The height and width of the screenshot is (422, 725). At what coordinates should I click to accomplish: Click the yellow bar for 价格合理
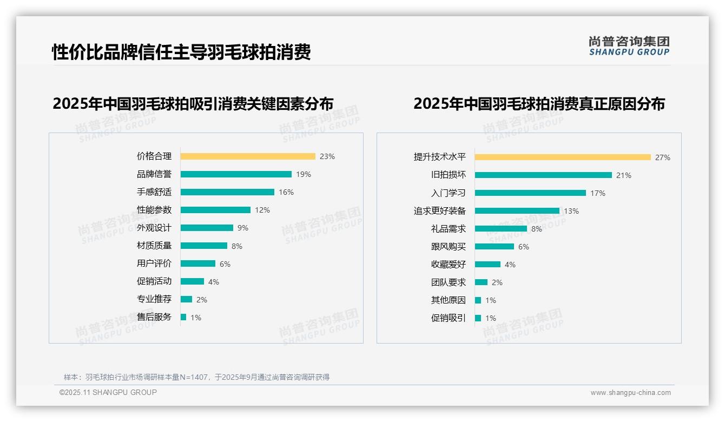point(247,156)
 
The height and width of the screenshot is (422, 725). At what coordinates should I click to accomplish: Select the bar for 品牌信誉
point(236,174)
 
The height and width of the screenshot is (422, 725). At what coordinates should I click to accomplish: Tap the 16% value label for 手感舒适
point(286,192)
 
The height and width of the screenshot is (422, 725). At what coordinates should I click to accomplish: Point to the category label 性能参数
point(154,210)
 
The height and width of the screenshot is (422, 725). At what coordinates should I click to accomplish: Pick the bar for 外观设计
point(207,228)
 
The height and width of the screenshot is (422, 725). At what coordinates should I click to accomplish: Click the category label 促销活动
point(154,281)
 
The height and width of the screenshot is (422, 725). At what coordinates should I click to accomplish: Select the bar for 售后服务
point(183,317)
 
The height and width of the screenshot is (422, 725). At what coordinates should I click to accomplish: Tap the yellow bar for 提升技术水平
point(563,157)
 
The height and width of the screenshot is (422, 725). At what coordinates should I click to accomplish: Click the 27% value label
point(663,157)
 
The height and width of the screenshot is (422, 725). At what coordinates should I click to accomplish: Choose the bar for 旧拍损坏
point(543,175)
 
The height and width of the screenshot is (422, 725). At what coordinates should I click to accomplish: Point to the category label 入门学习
point(449,193)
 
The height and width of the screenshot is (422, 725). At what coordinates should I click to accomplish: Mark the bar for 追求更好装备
point(517,211)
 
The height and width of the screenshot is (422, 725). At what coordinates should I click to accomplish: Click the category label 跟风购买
point(449,247)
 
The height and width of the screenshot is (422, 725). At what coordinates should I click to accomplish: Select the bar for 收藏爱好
point(487,265)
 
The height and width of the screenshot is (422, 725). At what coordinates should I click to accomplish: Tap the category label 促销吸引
point(449,318)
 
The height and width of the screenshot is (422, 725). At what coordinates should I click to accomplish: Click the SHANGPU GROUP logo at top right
point(629,45)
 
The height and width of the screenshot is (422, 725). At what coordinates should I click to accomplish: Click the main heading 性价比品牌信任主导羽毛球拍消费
point(181,52)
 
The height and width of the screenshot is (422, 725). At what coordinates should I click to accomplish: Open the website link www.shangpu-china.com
point(630,393)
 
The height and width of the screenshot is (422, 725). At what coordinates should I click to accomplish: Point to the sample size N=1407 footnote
point(197,377)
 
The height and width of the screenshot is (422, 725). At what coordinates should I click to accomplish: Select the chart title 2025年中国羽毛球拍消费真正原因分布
point(539,103)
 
